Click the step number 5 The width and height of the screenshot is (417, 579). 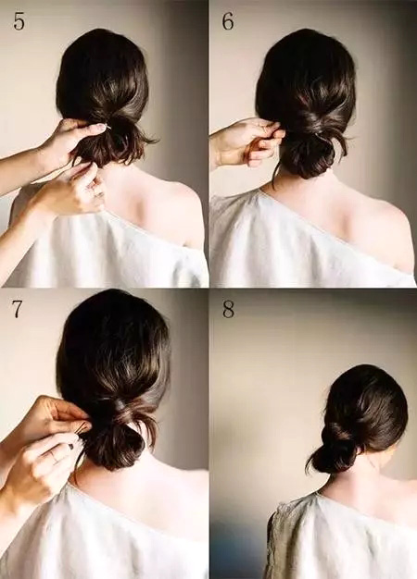pyautogui.click(x=19, y=22)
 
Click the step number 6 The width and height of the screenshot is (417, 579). pyautogui.click(x=228, y=22)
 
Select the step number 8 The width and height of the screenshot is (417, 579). pyautogui.click(x=228, y=310)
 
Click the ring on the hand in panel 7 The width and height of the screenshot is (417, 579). pyautogui.click(x=56, y=456)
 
